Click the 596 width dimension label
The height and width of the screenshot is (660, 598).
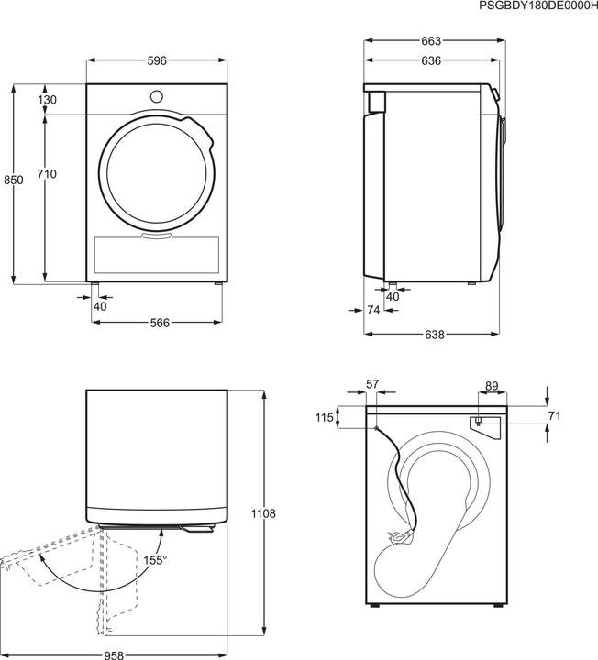(x=156, y=61)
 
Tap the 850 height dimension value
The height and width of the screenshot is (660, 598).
(x=13, y=181)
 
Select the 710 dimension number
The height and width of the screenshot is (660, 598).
(x=48, y=174)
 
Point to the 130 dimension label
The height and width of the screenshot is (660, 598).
(x=48, y=100)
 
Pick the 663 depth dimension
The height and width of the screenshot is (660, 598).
(x=431, y=40)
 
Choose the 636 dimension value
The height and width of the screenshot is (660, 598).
(x=431, y=61)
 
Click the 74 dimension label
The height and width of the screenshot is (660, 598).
(x=372, y=311)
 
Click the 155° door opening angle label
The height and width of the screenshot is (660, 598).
(x=154, y=558)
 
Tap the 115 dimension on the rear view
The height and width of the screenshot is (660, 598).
(x=323, y=417)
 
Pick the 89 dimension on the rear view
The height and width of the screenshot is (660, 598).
(x=491, y=386)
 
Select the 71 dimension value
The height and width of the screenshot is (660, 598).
(x=554, y=415)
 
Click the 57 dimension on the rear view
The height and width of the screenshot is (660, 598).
(x=371, y=386)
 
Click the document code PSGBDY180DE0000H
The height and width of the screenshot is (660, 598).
(x=537, y=6)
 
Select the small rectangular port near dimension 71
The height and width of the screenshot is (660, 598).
(x=479, y=422)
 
